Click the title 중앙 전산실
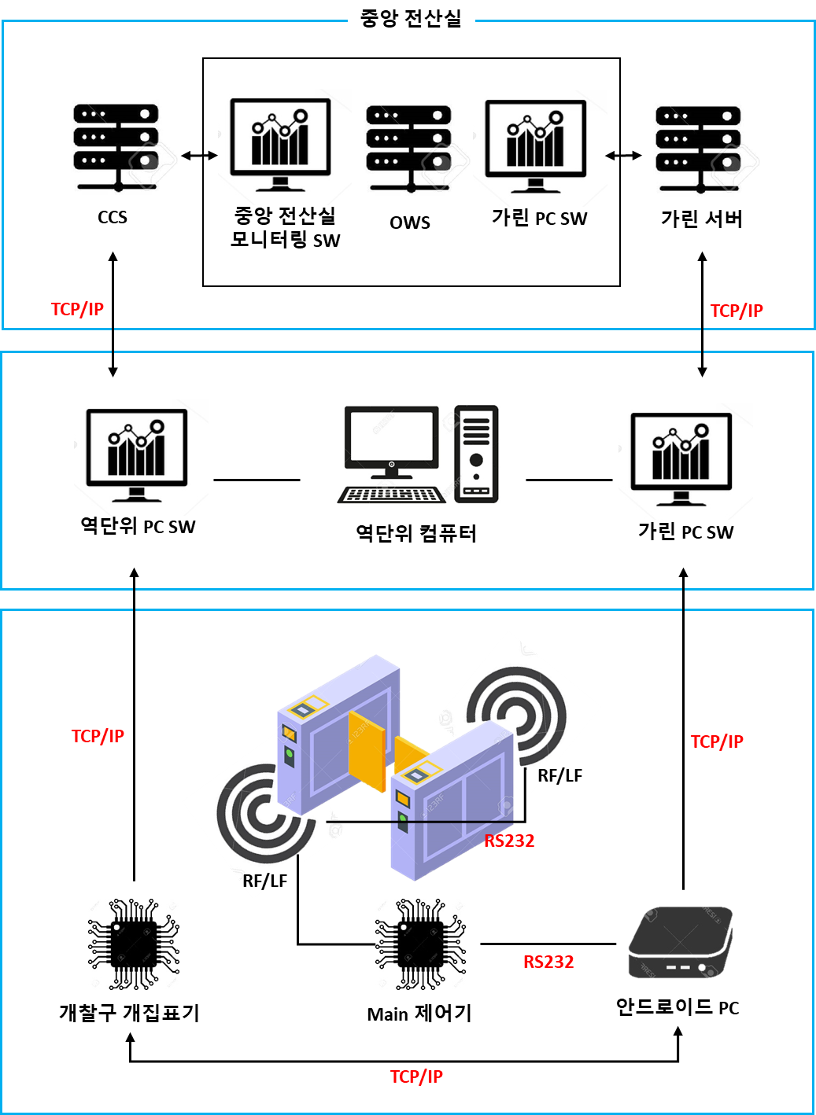coord(411,18)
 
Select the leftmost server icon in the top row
coord(116,147)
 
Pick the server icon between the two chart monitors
coord(409,149)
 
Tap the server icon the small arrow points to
coord(699,149)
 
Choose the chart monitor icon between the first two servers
coord(280,146)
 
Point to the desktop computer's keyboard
coord(391,495)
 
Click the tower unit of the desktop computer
coord(476,453)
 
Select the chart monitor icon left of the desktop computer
coord(140,457)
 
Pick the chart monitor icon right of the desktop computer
coord(685,461)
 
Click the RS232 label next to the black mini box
coord(548,962)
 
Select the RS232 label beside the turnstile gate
coord(509,841)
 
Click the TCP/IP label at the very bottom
coord(416,1076)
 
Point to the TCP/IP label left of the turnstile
coord(98,736)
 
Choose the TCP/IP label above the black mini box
coord(717,741)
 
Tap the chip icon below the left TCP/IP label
coord(134,944)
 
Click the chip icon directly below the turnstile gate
coord(420,944)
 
